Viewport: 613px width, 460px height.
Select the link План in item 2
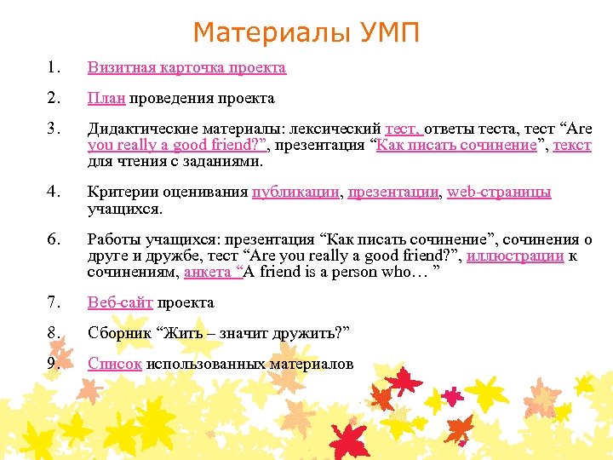point(106,99)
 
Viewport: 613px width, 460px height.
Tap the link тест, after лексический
point(404,129)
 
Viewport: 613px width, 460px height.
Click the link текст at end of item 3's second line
point(571,145)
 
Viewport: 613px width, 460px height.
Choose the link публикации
point(295,192)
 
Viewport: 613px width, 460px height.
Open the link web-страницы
point(499,192)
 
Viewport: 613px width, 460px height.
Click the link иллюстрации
point(521,256)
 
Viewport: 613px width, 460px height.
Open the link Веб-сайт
point(120,302)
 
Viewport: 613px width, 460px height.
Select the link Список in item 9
point(115,364)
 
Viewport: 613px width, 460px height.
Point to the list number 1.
point(55,67)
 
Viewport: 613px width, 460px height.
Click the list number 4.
point(55,192)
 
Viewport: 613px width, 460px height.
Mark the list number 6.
point(55,240)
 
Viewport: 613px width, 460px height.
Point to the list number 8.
point(55,333)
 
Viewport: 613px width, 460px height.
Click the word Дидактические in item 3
point(143,129)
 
